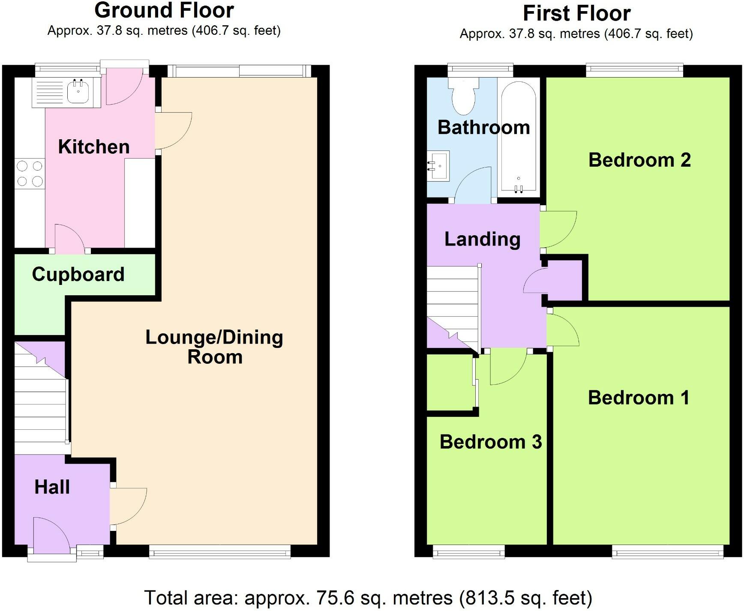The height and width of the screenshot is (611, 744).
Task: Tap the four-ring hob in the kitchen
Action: pyautogui.click(x=30, y=174)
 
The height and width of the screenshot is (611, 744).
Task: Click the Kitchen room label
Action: pyautogui.click(x=94, y=147)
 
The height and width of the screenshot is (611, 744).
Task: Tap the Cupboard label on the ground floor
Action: pyautogui.click(x=78, y=274)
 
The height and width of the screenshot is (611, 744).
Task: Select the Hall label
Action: pyautogui.click(x=52, y=487)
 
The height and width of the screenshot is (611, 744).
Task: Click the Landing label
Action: pyautogui.click(x=482, y=239)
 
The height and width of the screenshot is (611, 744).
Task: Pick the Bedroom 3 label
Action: pyautogui.click(x=491, y=442)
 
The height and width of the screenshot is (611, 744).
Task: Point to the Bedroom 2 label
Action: pyautogui.click(x=639, y=160)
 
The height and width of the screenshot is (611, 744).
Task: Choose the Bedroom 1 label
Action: pyautogui.click(x=639, y=398)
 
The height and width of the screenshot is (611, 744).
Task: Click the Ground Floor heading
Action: pyautogui.click(x=164, y=10)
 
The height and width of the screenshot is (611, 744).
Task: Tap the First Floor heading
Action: pyautogui.click(x=576, y=13)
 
